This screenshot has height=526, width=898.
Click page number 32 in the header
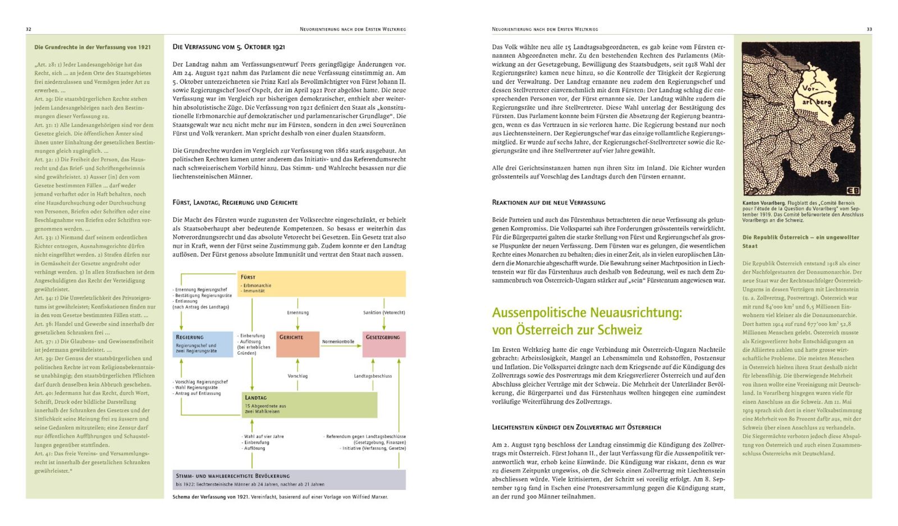coord(29,29)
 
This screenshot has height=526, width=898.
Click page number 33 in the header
coord(869,29)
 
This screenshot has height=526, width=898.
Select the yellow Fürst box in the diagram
coord(321,284)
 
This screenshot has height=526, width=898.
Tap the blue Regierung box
coord(203,344)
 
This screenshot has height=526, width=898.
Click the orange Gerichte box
coord(297,344)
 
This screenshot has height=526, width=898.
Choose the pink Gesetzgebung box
coord(384,344)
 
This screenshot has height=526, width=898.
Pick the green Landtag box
coord(309,405)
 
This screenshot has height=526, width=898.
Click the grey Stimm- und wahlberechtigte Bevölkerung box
coord(288,479)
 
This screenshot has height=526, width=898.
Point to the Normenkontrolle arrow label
coord(338,342)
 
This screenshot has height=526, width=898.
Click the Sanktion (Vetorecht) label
coord(384,312)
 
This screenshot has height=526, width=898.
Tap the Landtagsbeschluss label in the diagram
coord(373,376)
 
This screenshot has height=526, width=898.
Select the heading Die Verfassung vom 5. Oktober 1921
coord(228,47)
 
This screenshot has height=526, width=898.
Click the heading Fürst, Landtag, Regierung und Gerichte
coord(235,202)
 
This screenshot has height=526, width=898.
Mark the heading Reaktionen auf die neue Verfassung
coord(548,202)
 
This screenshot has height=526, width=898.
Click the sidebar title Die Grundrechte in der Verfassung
coord(93,47)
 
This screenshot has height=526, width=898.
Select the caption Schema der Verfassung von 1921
coord(210,497)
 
